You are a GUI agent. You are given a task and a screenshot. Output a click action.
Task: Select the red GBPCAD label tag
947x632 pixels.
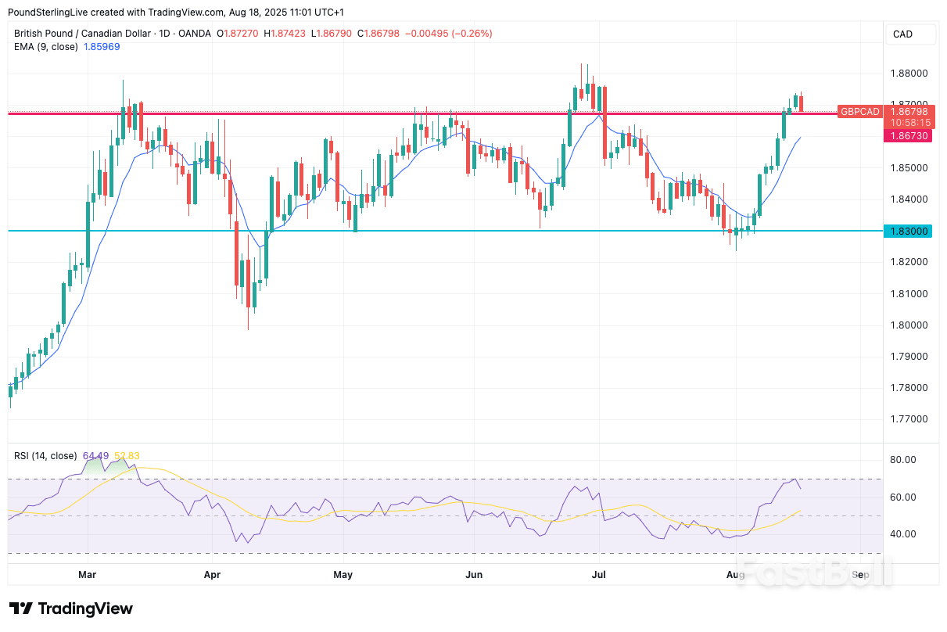pos(859,112)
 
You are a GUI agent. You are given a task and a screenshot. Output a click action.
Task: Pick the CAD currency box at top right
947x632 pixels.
pos(902,34)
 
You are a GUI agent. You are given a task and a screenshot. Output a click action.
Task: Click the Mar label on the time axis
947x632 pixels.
pos(88,575)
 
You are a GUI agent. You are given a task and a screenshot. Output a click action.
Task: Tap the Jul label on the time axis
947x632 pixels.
pos(599,575)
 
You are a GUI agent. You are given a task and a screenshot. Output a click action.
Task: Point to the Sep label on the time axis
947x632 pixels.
pos(860,575)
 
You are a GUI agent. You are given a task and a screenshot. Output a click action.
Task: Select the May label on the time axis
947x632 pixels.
pos(343,575)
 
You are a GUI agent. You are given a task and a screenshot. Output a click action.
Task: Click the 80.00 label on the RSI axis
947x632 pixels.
pos(903,460)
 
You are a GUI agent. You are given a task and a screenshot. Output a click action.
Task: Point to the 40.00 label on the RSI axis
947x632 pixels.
pos(903,534)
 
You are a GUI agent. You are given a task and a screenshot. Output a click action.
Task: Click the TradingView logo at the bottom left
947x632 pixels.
pos(71,609)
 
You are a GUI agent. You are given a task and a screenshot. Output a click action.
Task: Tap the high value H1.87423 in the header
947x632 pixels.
pos(286,34)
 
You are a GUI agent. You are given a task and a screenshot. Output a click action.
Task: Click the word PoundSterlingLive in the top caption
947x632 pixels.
pos(47,13)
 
